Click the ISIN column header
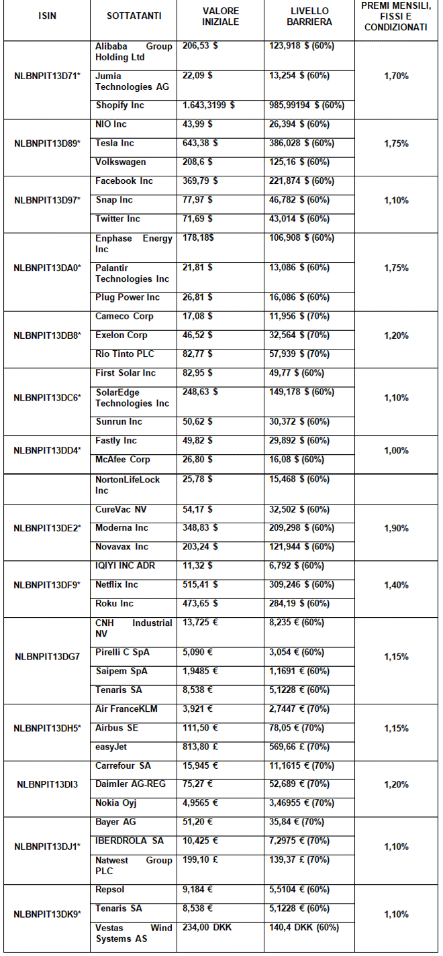click(x=46, y=16)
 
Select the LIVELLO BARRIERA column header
click(x=309, y=16)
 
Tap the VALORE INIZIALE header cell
click(x=221, y=16)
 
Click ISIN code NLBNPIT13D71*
click(x=46, y=76)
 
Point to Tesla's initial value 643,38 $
click(x=197, y=143)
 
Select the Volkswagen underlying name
click(x=120, y=162)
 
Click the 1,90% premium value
click(x=396, y=528)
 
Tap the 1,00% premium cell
click(x=396, y=451)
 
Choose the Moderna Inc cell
click(x=121, y=528)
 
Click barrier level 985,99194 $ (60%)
click(x=307, y=105)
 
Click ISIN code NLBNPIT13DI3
click(x=46, y=784)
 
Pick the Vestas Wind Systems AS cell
click(x=134, y=933)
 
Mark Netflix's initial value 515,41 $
click(x=197, y=584)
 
